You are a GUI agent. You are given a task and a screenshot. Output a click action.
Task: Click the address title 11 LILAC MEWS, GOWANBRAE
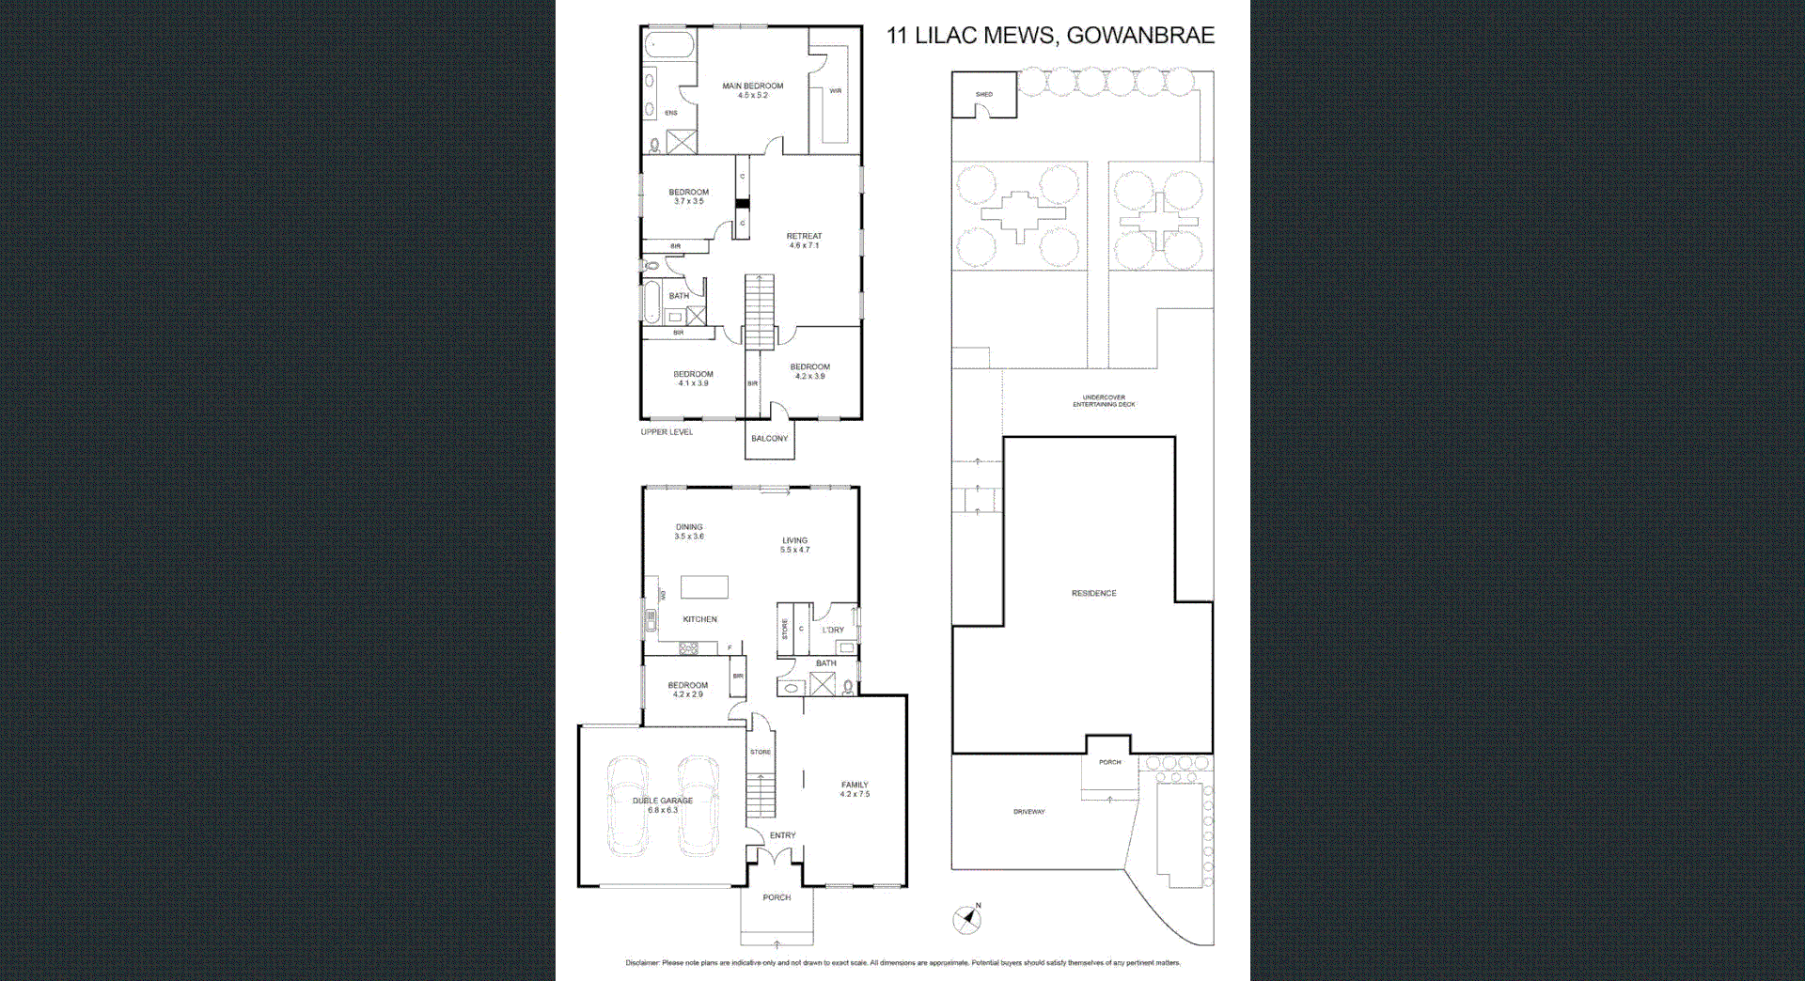(x=1050, y=36)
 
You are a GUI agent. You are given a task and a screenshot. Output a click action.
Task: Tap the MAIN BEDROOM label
(x=752, y=86)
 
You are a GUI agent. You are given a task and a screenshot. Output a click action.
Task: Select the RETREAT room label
(x=804, y=237)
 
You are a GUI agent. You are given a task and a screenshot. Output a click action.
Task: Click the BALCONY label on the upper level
(x=769, y=439)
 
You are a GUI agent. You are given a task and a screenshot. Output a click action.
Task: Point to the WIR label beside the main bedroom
(x=835, y=91)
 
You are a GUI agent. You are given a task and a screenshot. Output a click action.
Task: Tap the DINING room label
(x=689, y=527)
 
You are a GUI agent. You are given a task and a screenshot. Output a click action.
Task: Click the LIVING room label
(x=794, y=540)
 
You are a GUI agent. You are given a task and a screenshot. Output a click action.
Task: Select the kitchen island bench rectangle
(x=704, y=587)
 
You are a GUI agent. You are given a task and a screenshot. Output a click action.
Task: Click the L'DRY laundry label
(x=833, y=631)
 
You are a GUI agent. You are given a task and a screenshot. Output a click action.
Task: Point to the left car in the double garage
(x=627, y=805)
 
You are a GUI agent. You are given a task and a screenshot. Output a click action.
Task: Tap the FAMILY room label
(x=855, y=785)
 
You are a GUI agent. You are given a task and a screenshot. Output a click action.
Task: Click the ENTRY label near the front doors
(x=782, y=835)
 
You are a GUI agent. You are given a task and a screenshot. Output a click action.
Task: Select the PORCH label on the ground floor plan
(x=777, y=897)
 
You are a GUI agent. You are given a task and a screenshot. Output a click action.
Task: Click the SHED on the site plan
(x=983, y=95)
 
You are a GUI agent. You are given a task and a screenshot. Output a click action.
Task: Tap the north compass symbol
(x=966, y=919)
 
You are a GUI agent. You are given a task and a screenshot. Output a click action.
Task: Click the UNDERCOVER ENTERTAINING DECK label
(x=1104, y=401)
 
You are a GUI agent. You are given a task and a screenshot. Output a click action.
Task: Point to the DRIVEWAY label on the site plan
(x=1028, y=812)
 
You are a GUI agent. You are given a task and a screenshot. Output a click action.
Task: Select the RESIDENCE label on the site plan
(x=1093, y=594)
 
